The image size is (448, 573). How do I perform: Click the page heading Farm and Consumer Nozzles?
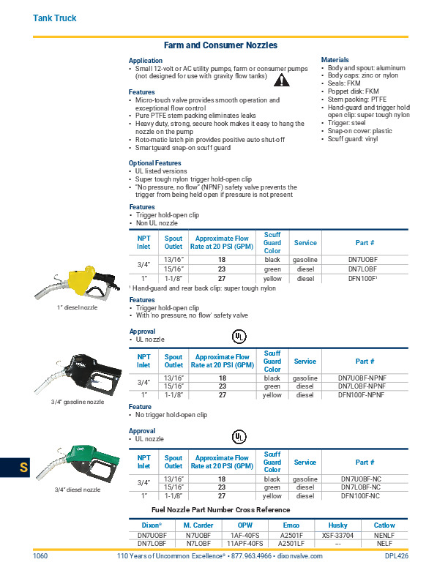click(x=220, y=45)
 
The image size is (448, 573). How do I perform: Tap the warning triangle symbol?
click(x=280, y=81)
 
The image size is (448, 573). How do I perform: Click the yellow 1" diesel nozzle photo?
click(x=77, y=285)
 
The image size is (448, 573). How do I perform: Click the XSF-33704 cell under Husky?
click(x=338, y=535)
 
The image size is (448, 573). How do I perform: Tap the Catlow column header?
click(x=384, y=525)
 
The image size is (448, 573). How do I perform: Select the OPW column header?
click(x=245, y=525)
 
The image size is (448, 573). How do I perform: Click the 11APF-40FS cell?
click(x=245, y=544)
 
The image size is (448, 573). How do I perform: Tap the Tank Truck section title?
click(x=55, y=18)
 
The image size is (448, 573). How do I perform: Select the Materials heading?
click(x=335, y=60)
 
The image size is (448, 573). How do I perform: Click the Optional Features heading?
click(x=154, y=163)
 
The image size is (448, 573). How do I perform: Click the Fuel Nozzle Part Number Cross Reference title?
click(x=220, y=510)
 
